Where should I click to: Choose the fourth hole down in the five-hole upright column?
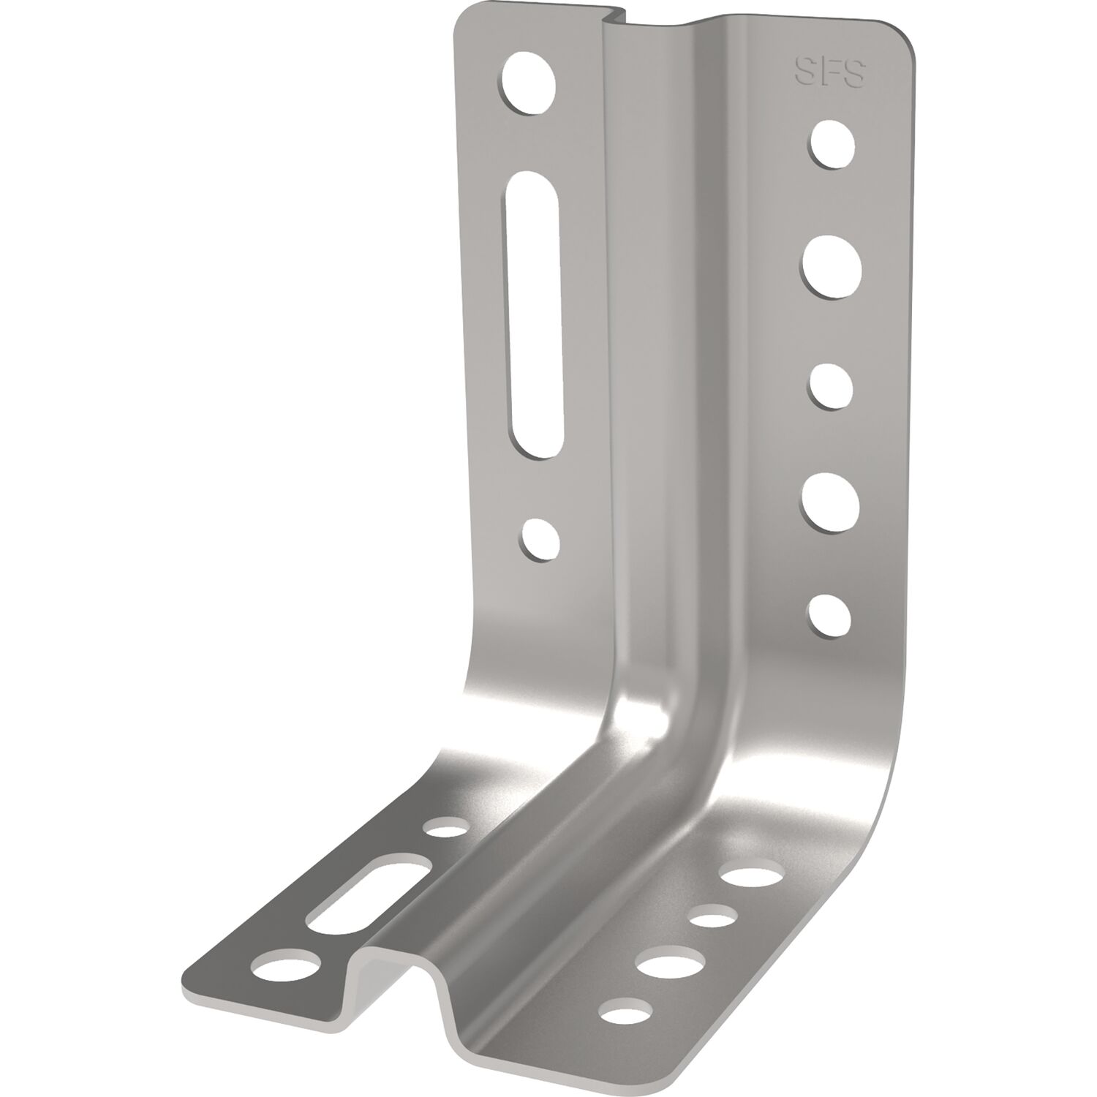click(x=830, y=502)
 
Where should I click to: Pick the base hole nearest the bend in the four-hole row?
click(x=750, y=875)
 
